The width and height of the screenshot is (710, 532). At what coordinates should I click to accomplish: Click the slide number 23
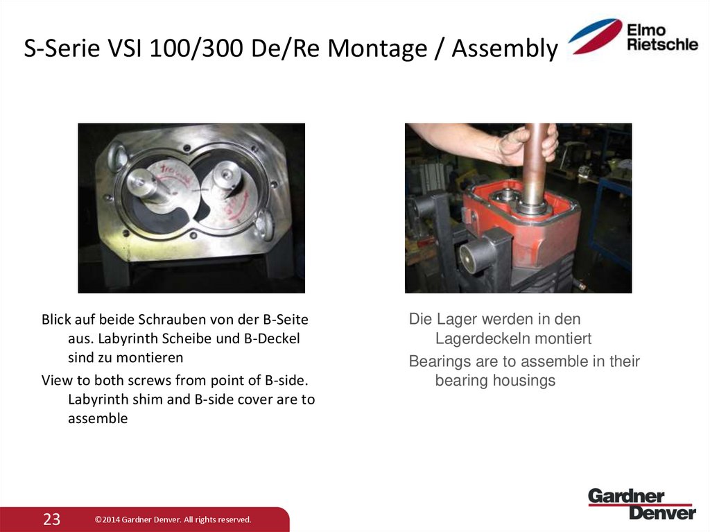(52, 519)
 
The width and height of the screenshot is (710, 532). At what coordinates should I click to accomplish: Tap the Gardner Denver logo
(641, 504)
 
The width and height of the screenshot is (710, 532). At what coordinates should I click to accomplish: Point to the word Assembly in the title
(504, 49)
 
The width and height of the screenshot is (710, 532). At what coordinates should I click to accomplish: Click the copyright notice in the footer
(173, 520)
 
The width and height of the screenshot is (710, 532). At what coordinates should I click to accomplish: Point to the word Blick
(57, 320)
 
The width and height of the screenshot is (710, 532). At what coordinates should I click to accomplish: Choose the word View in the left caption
(57, 381)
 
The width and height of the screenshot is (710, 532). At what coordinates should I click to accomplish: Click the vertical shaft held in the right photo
(535, 166)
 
